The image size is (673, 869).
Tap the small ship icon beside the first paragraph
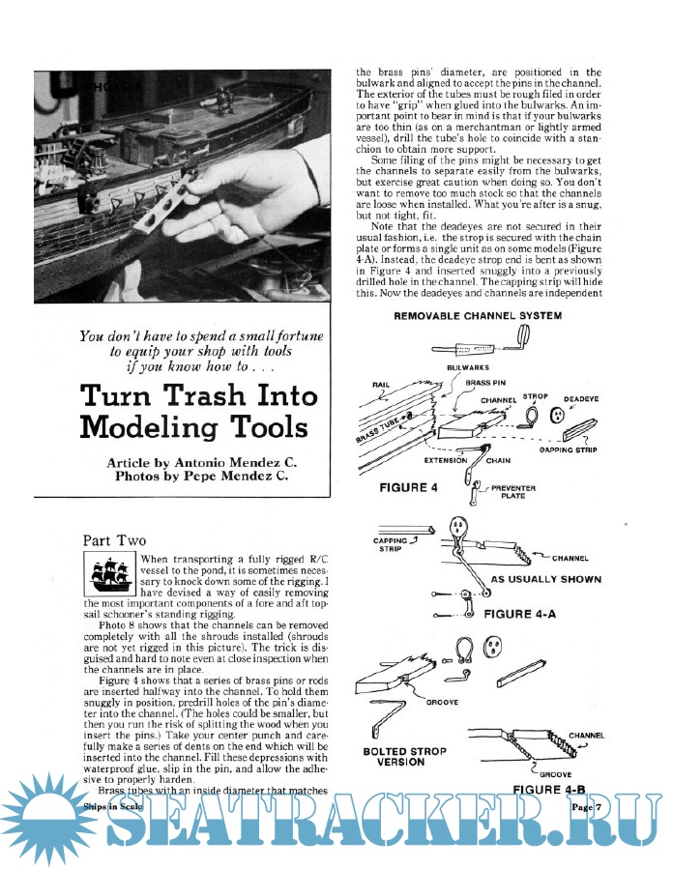pos(110,576)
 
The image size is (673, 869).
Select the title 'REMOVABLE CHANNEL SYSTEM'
pos(478,315)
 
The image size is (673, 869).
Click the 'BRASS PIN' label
pos(486,384)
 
